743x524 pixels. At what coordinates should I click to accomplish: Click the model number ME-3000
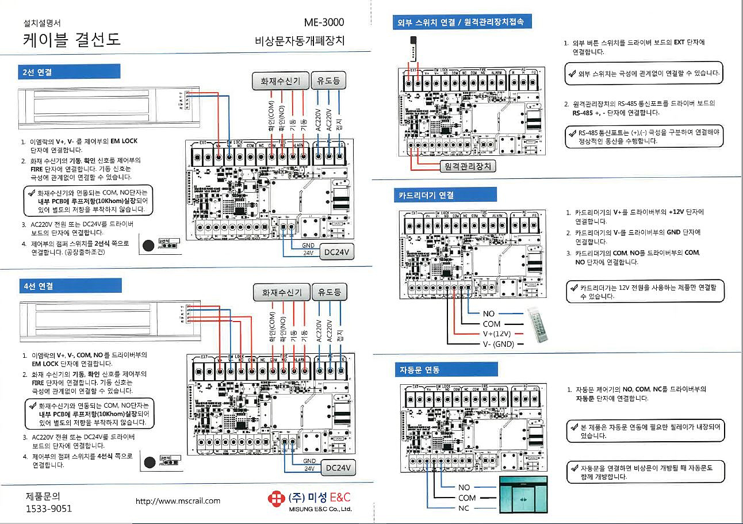324,22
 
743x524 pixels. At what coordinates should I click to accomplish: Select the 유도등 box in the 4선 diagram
329,292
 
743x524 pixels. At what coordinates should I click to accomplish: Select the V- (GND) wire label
499,344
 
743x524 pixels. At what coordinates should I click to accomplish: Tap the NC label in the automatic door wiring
464,508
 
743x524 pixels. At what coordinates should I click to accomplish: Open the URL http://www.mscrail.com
178,500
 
